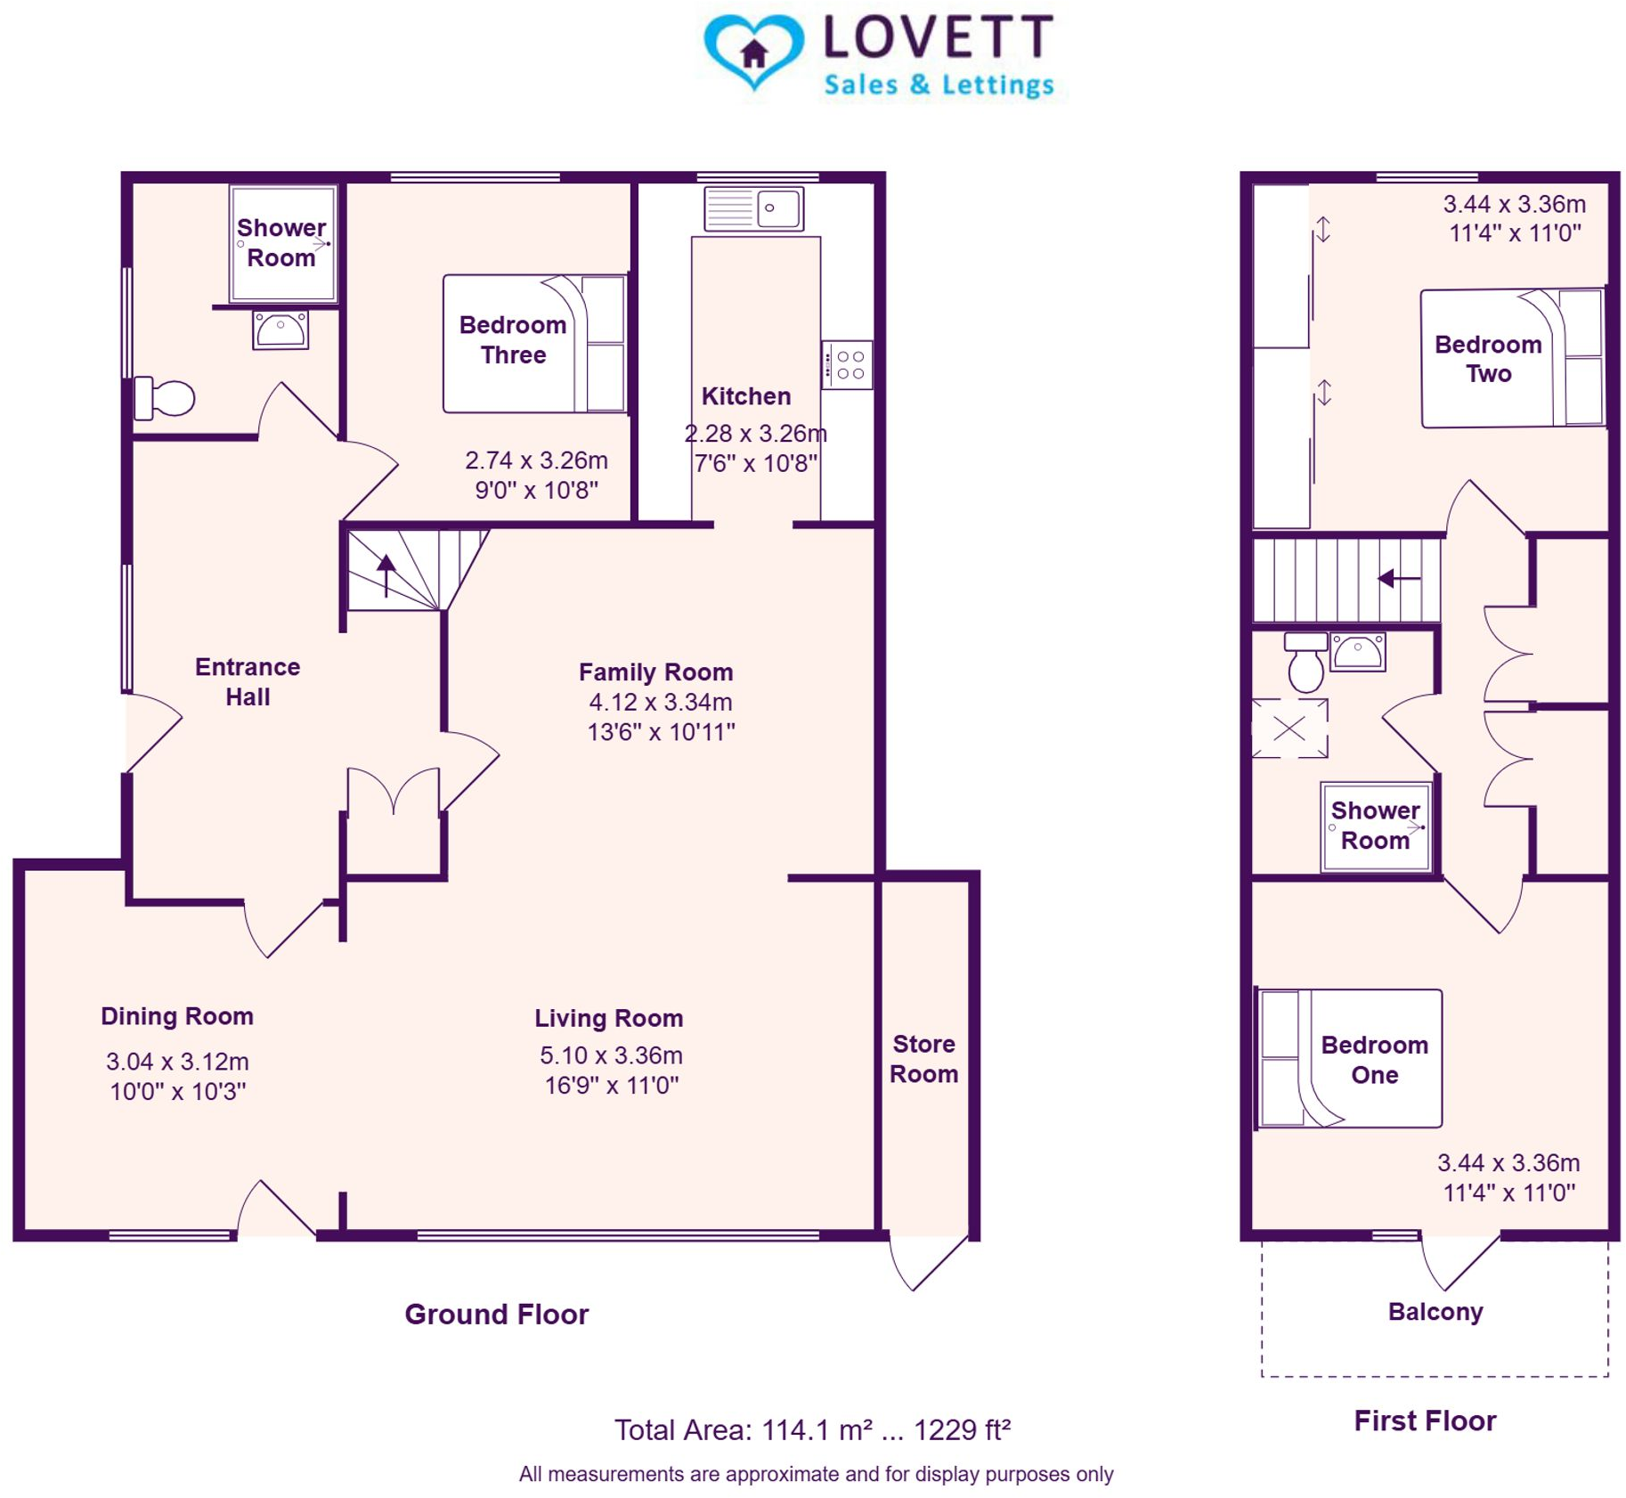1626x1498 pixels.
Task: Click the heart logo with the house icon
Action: click(752, 52)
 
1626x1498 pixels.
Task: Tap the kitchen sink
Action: click(752, 208)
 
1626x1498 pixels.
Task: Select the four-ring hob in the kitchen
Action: click(846, 364)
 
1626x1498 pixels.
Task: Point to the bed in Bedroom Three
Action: click(534, 343)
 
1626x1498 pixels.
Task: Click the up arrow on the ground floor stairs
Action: click(386, 574)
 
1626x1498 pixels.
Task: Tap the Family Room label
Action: click(655, 672)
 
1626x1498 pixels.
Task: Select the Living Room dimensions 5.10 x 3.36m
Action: click(611, 1055)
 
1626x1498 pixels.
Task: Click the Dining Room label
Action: click(177, 1016)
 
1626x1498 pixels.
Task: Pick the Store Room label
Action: click(923, 1058)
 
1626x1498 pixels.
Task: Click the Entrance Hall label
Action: click(248, 681)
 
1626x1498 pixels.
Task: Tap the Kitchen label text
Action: click(745, 395)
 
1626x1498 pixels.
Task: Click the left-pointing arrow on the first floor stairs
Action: click(1398, 579)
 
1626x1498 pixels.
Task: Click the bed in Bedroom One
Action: click(1350, 1058)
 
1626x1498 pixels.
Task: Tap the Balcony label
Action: click(1435, 1311)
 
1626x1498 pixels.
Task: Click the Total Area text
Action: click(812, 1429)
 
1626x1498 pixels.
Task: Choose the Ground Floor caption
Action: click(496, 1314)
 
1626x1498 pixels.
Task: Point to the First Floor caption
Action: click(1424, 1421)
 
